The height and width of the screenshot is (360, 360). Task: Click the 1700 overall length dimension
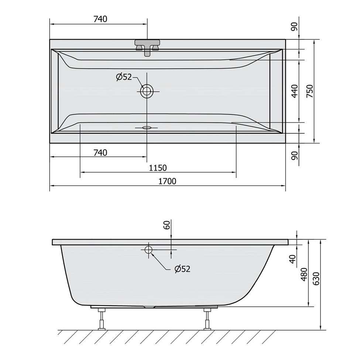point(167,181)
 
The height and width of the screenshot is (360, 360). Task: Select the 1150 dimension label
point(158,168)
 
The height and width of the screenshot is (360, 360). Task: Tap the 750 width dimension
point(310,91)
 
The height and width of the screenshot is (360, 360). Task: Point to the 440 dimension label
point(295,91)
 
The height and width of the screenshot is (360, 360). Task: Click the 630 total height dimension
point(316,279)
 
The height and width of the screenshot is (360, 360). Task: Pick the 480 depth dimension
point(304,274)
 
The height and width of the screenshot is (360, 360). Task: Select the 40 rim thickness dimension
point(292,259)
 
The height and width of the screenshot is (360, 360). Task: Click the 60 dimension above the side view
point(167,225)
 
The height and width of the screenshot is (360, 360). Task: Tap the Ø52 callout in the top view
point(124,77)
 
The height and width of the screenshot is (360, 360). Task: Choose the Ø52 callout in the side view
point(182,269)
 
